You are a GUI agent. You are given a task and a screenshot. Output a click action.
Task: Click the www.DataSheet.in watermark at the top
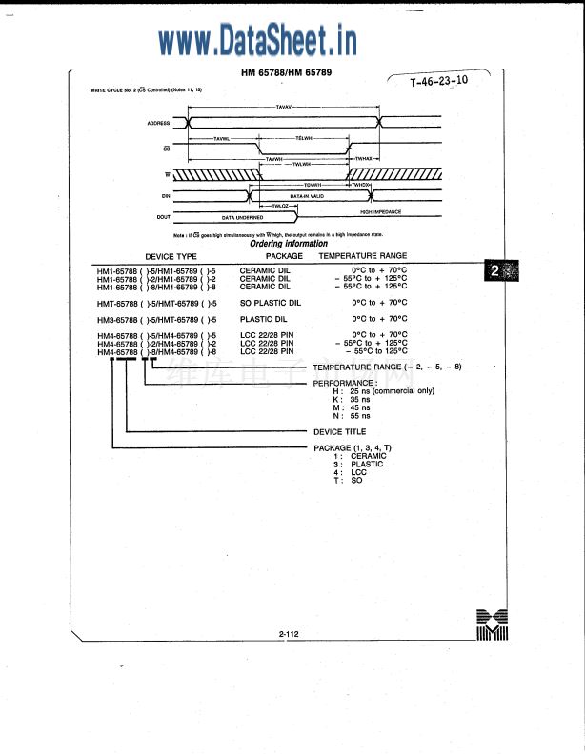pos(257,40)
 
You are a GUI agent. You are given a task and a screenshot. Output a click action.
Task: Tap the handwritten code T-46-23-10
pos(439,82)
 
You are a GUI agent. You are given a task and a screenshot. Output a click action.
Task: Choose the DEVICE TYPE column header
pos(171,256)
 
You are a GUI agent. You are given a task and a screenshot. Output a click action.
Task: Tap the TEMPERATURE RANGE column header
pos(362,256)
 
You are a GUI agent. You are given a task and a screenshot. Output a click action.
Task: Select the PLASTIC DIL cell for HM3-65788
pos(263,319)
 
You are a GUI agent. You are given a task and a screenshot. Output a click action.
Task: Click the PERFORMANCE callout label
pos(345,383)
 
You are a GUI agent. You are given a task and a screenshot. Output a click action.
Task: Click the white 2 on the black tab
pos(494,271)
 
